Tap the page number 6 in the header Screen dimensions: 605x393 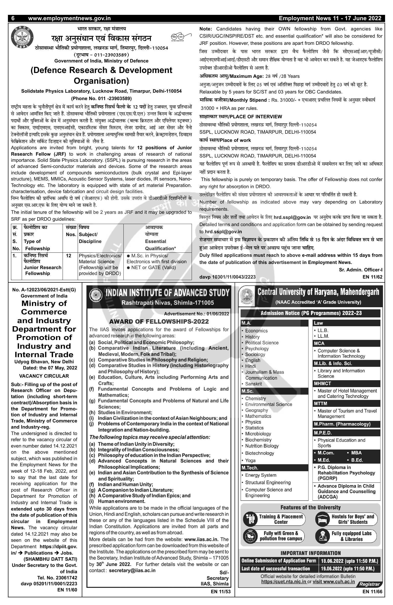[13, 18]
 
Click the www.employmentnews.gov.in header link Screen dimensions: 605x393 [69, 18]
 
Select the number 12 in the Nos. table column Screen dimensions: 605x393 [68, 256]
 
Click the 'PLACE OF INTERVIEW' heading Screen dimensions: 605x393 [256, 117]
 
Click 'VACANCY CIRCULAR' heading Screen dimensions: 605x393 [44, 376]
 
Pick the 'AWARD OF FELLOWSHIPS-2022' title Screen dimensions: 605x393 [159, 322]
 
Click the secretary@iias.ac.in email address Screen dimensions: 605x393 [132, 570]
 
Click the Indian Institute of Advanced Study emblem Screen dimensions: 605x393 [95, 296]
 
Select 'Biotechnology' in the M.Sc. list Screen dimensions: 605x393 [259, 453]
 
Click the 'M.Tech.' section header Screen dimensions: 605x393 [250, 468]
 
